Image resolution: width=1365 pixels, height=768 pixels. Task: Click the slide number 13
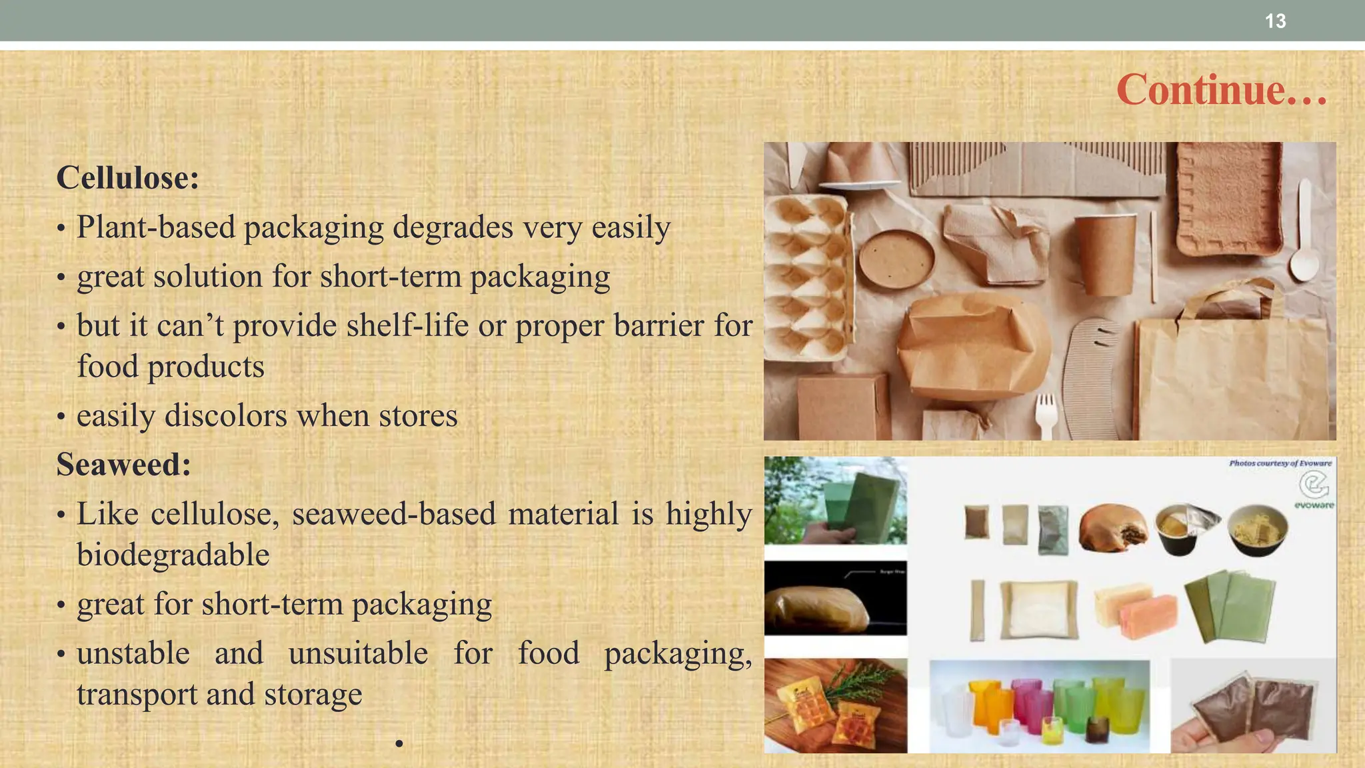click(x=1275, y=21)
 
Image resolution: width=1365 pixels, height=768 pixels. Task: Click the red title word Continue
click(x=1200, y=90)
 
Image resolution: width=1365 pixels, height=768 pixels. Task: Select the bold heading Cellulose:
click(x=128, y=178)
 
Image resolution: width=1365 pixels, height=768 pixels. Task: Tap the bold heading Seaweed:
click(x=124, y=465)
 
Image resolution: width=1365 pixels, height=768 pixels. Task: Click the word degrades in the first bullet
click(x=453, y=228)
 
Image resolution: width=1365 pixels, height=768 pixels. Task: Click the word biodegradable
click(x=173, y=555)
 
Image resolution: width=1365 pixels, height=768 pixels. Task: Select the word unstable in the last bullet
click(x=133, y=653)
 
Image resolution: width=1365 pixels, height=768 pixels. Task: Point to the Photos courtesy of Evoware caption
click(x=1280, y=463)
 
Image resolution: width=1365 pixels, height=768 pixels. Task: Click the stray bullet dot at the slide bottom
click(x=399, y=743)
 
